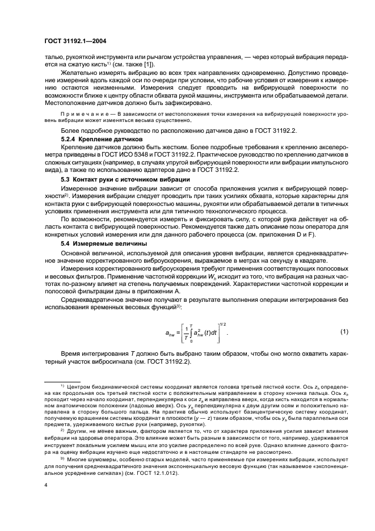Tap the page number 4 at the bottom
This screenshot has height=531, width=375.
pos(45,486)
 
